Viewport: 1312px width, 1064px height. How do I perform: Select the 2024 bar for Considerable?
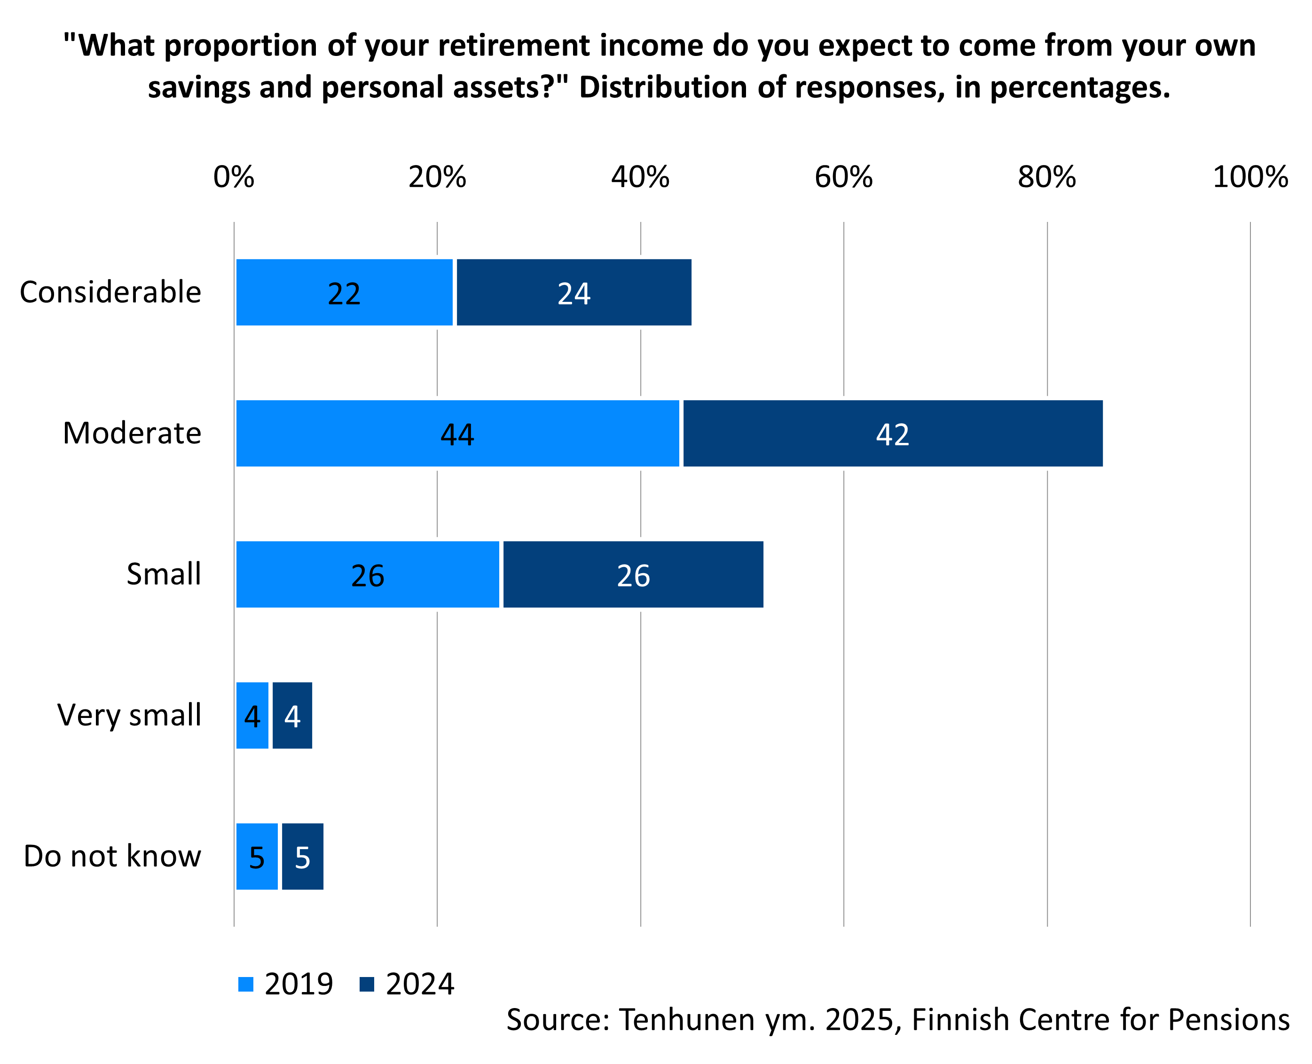coord(574,292)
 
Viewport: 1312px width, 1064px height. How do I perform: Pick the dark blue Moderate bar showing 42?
coord(892,433)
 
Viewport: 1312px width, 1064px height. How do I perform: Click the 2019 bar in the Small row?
coord(367,574)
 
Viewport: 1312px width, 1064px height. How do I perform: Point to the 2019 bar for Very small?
coord(252,715)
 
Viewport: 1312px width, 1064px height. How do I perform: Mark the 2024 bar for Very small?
coord(292,715)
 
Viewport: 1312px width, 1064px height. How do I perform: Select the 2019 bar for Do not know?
coord(257,856)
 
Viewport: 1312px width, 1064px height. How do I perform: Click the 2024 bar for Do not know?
coord(302,856)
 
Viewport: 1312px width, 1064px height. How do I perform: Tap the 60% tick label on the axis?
coord(843,178)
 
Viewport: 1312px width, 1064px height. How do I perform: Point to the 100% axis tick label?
coord(1250,178)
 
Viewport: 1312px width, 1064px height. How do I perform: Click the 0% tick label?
coord(234,178)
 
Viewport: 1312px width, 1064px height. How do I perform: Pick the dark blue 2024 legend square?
coord(367,985)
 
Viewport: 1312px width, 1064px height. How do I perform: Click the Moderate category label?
coord(132,433)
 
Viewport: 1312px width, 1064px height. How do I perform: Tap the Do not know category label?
coord(112,856)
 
